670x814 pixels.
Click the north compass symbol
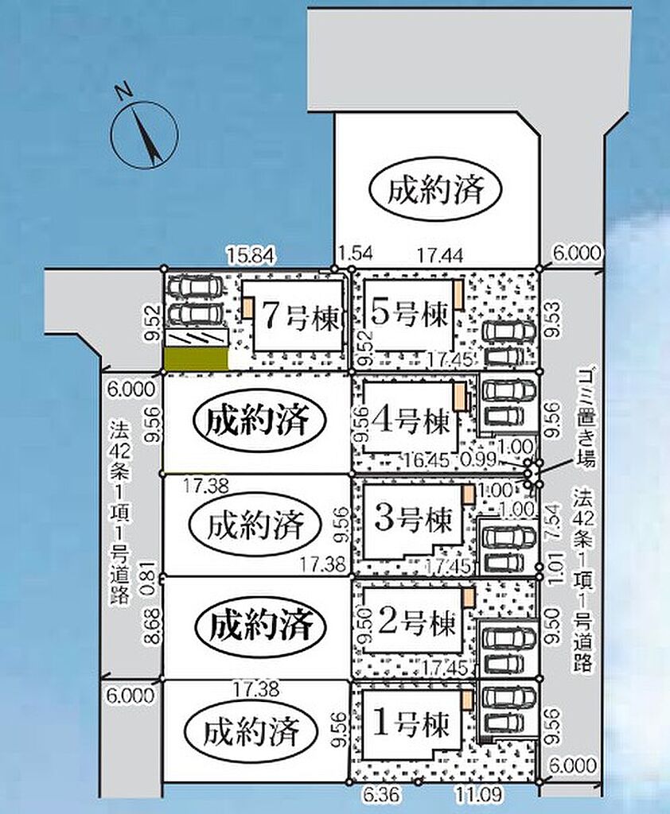click(x=145, y=134)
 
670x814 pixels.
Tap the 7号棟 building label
click(x=300, y=316)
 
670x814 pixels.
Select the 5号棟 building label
click(x=409, y=313)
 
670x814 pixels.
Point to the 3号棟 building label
click(x=414, y=517)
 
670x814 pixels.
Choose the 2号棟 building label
click(x=416, y=622)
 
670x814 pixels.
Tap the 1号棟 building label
click(x=411, y=723)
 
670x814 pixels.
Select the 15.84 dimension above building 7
click(x=251, y=256)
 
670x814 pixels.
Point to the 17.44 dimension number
click(x=441, y=255)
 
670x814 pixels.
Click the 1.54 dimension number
click(x=356, y=254)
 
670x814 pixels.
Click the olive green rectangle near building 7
click(x=196, y=359)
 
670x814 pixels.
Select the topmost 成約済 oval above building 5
click(x=435, y=189)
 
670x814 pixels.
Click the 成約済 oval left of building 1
click(x=251, y=732)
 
